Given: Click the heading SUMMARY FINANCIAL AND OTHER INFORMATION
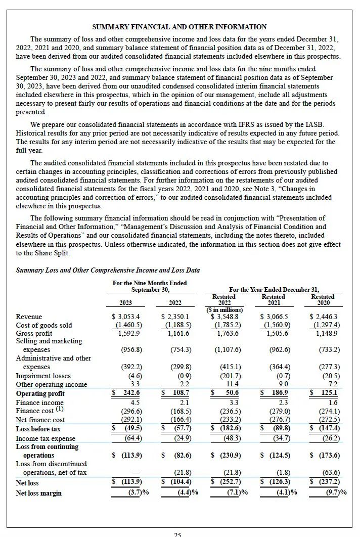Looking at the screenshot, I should (179, 27).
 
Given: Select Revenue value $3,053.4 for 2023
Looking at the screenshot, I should (125, 317).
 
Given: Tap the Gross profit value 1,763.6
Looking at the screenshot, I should (228, 333).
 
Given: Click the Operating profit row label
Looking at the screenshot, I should (40, 393).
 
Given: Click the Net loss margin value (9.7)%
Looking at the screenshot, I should (331, 493).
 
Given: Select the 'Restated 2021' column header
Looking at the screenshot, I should (273, 300).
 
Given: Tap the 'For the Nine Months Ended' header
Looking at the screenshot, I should (150, 283).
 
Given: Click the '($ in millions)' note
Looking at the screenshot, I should (224, 309).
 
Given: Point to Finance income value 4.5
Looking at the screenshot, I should (133, 402).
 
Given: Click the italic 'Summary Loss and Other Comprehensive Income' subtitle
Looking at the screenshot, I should (108, 270).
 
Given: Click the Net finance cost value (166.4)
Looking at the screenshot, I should (182, 420).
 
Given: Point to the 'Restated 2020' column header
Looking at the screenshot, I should (323, 300).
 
